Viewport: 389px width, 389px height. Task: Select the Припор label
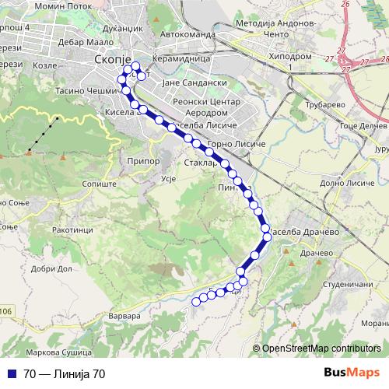click(x=142, y=161)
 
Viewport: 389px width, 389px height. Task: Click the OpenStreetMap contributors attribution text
click(x=321, y=348)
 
